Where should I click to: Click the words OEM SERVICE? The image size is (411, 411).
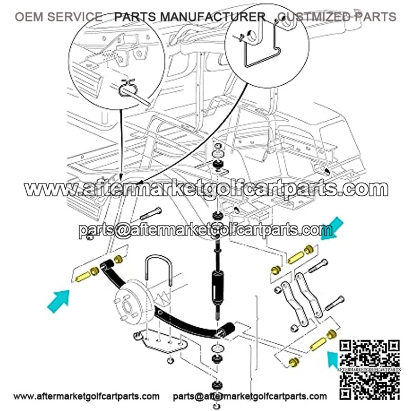(x=59, y=17)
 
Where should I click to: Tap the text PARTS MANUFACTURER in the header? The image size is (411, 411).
(x=190, y=17)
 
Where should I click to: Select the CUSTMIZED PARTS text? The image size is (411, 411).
(x=337, y=17)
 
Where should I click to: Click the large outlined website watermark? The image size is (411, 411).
(x=206, y=189)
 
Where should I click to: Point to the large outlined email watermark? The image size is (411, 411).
(x=206, y=230)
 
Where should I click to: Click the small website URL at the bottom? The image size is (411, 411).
(x=86, y=396)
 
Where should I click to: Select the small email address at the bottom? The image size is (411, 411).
(x=250, y=396)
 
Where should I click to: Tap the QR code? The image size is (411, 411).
(x=369, y=370)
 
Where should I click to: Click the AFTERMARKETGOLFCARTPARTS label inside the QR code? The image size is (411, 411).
(x=369, y=369)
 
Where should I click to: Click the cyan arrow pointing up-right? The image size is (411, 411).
(x=59, y=301)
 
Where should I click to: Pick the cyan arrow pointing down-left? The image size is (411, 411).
(x=332, y=229)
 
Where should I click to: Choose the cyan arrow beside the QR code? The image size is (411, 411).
(x=333, y=359)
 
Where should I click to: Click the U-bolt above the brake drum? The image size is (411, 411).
(x=158, y=270)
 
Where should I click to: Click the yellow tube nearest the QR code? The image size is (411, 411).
(x=318, y=344)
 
